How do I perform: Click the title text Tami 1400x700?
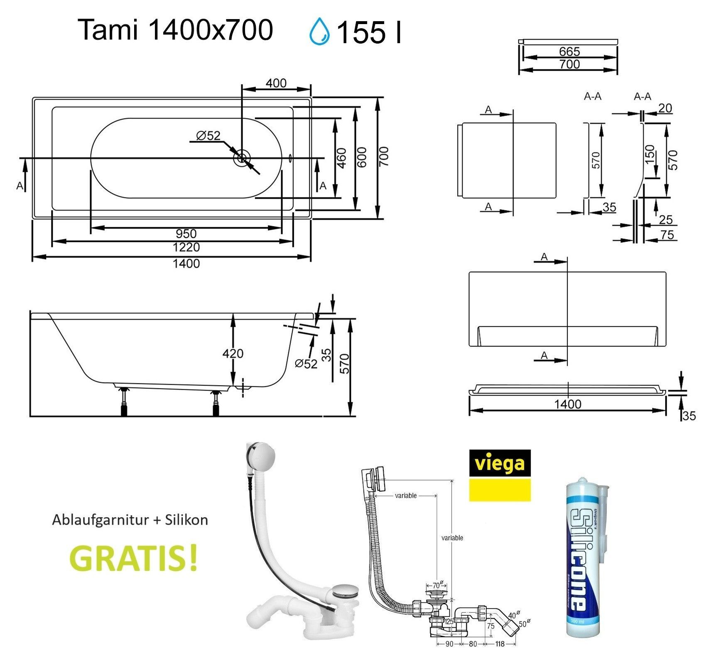pyautogui.click(x=175, y=30)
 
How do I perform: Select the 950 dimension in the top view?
pyautogui.click(x=186, y=234)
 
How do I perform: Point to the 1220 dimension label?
pyautogui.click(x=186, y=247)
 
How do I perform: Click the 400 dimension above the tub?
pyautogui.click(x=276, y=83)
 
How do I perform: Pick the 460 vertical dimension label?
pyautogui.click(x=341, y=158)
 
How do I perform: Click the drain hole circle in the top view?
pyautogui.click(x=241, y=158)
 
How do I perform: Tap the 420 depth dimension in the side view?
pyautogui.click(x=233, y=354)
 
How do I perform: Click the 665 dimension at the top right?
pyautogui.click(x=569, y=52)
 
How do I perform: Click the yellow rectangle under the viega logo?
pyautogui.click(x=500, y=490)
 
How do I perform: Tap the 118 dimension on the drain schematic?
pyautogui.click(x=500, y=644)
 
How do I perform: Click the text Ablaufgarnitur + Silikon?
pyautogui.click(x=130, y=520)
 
